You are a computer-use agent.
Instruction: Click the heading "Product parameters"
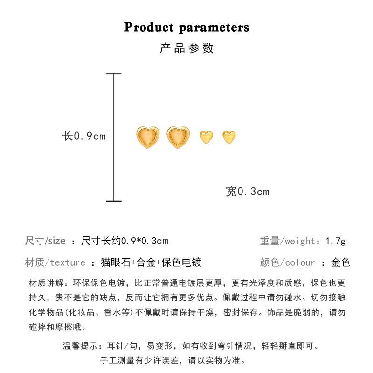point(186,27)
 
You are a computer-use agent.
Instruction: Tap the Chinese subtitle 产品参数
point(186,48)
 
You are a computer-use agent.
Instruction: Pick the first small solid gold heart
point(206,137)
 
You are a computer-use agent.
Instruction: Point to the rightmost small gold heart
point(229,137)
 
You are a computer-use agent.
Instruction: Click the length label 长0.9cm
point(84,136)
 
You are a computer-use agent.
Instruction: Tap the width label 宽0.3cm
point(248,192)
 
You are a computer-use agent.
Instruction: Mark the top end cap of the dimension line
point(114,74)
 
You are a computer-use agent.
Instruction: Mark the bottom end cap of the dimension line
point(114,201)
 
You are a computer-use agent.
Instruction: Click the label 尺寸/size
point(45,241)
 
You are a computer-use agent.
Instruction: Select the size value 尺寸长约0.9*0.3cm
point(124,241)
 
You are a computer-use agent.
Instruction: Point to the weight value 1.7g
point(336,241)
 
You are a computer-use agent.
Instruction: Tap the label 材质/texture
point(55,262)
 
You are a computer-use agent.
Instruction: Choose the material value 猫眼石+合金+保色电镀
point(151,262)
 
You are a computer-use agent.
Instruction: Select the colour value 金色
point(340,262)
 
